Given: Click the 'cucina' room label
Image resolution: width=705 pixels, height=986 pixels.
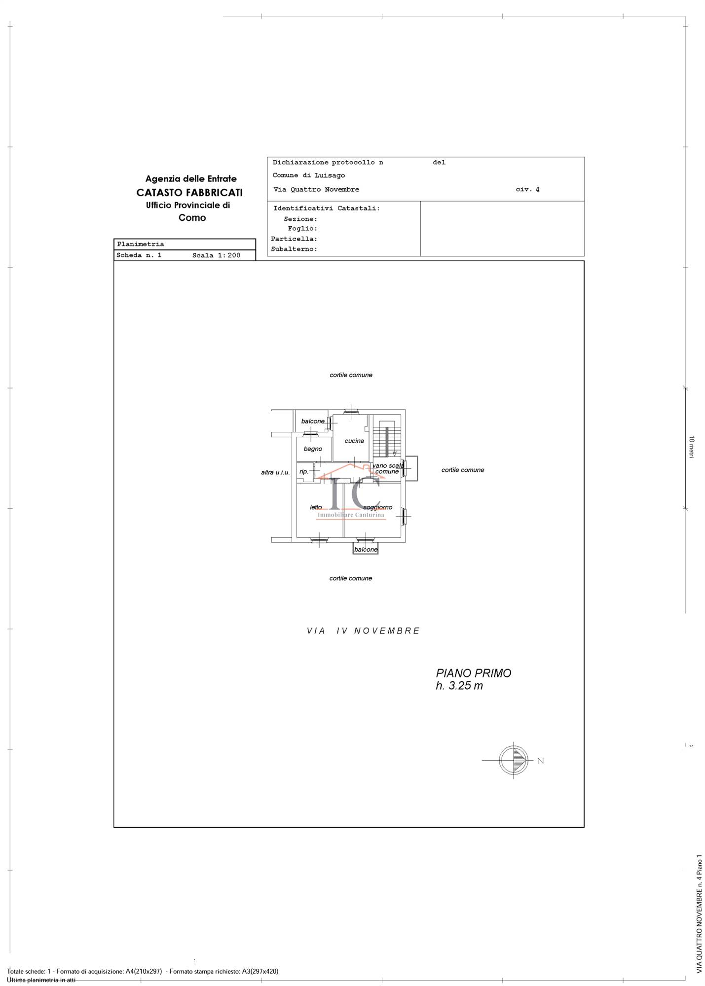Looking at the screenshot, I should (x=354, y=441).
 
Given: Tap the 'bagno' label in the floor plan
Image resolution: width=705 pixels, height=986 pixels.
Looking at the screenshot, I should (x=313, y=449).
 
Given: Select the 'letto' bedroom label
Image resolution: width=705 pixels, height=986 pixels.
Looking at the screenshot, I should (x=316, y=507).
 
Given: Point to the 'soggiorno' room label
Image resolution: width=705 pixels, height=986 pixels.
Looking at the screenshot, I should (x=378, y=507).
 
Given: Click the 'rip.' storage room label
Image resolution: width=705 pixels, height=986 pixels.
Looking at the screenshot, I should (x=303, y=471).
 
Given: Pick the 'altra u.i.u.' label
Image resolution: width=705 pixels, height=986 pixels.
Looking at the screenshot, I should (x=275, y=472).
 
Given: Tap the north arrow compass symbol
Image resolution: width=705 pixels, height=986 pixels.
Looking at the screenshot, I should (x=514, y=760).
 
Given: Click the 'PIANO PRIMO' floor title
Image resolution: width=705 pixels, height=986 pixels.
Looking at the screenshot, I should (x=473, y=673).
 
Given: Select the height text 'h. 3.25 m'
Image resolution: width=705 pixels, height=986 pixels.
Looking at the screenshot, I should (x=459, y=686).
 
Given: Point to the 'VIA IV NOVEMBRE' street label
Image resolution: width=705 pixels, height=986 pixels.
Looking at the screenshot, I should (x=363, y=631).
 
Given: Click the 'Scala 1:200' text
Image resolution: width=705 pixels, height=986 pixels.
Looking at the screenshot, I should (x=216, y=255).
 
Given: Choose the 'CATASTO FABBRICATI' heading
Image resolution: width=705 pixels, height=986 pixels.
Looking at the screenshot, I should (x=189, y=192).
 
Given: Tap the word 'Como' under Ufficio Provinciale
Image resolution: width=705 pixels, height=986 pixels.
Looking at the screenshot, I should (x=192, y=217).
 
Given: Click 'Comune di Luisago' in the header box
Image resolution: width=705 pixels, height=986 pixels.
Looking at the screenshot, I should (x=308, y=176).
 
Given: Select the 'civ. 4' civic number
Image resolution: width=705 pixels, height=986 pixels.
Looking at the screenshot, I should (x=527, y=189).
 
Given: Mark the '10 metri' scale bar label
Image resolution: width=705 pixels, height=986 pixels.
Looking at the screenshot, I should (x=692, y=447).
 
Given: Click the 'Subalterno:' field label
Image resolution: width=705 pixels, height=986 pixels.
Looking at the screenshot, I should (x=294, y=249).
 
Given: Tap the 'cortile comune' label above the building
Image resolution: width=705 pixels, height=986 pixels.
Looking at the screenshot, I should (x=351, y=375).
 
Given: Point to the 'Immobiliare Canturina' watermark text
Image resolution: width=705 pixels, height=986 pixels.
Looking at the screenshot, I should (x=350, y=515).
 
